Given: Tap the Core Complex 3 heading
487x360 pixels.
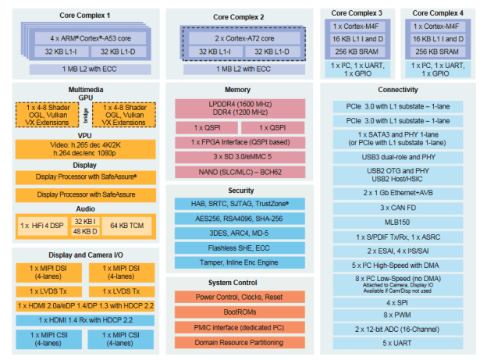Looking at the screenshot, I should pyautogui.click(x=357, y=13).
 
